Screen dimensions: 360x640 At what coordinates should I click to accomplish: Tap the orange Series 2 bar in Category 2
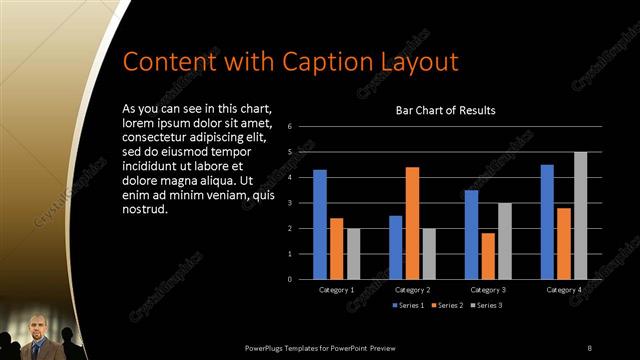(412, 223)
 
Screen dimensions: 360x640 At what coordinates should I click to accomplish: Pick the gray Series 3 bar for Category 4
(581, 215)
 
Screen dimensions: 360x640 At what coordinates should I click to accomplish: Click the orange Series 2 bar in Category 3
(488, 256)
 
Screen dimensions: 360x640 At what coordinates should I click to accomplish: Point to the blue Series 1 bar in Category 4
(547, 222)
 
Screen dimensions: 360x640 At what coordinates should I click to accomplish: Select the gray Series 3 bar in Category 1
(353, 254)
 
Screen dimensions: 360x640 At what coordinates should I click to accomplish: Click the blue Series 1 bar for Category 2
(396, 247)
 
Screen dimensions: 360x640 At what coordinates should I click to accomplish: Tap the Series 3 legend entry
(487, 304)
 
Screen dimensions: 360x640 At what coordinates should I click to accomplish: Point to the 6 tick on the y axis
(289, 127)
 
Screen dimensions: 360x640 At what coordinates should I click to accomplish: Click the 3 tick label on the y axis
(289, 203)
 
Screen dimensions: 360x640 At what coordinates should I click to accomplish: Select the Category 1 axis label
(337, 289)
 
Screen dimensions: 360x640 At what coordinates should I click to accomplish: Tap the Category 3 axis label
(488, 289)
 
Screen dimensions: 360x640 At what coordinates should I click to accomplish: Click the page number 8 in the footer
(590, 347)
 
